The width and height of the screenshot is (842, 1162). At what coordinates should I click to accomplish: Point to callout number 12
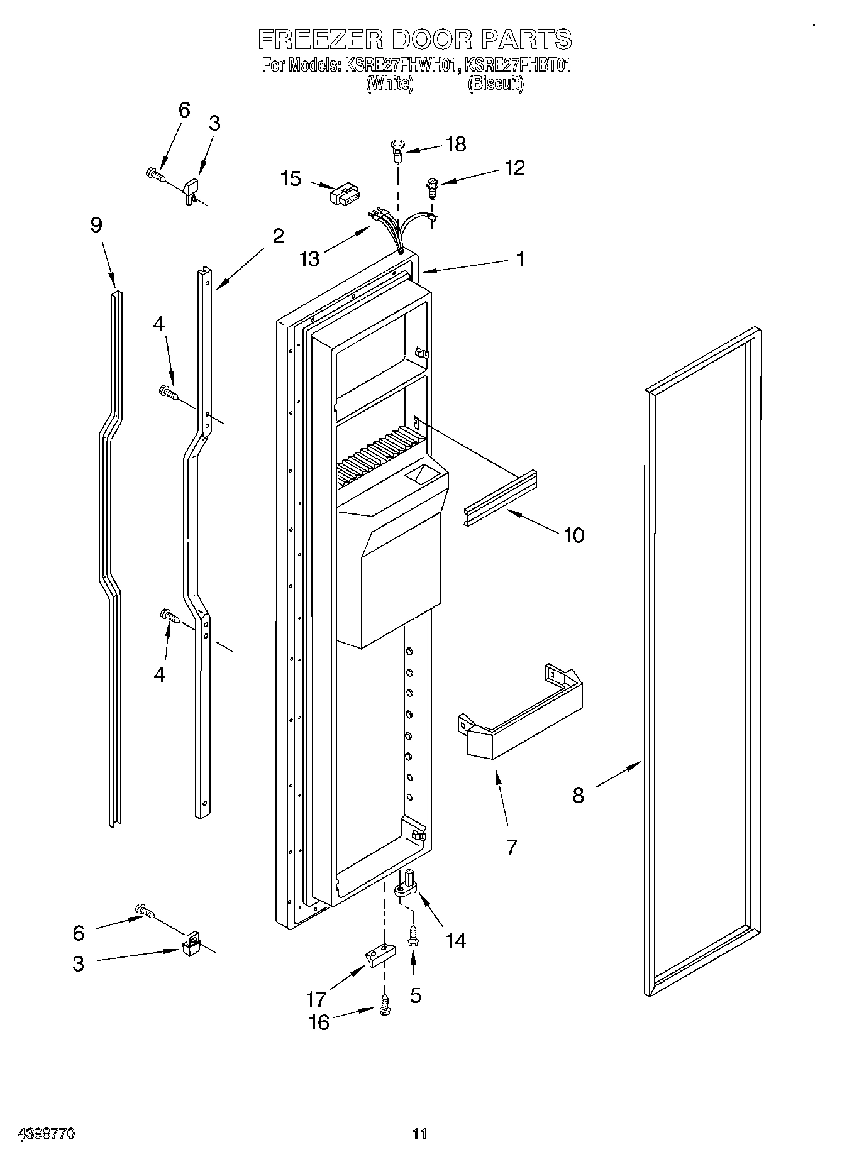[514, 168]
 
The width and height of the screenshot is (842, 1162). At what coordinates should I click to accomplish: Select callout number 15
[291, 178]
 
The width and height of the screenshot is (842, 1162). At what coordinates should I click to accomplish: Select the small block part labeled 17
[379, 956]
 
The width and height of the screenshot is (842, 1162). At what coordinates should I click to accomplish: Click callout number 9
[96, 225]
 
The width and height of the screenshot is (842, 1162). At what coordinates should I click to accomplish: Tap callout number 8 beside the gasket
[578, 796]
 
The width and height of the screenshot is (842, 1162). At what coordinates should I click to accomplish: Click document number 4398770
[47, 1134]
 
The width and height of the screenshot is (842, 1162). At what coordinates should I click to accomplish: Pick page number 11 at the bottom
[419, 1134]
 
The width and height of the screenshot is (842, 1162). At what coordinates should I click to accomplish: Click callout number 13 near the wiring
[310, 258]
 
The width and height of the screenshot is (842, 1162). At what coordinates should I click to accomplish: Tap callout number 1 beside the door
[519, 259]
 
